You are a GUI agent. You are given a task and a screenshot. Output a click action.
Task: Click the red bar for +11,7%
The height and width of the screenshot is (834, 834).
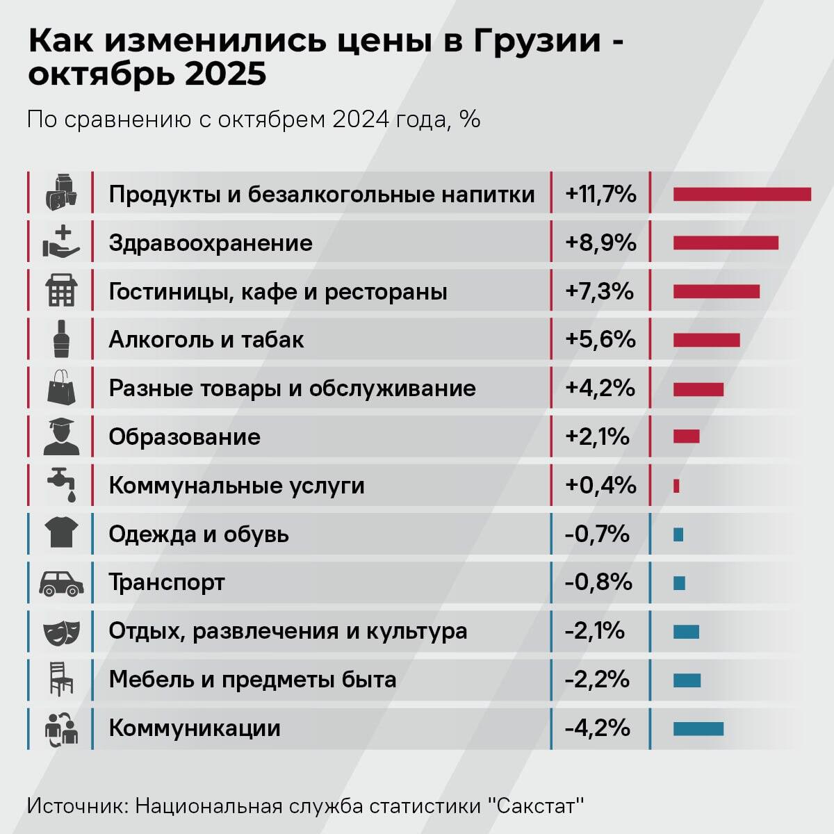click(742, 194)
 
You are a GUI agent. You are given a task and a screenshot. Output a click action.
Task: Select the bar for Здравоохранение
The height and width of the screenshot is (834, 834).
click(725, 243)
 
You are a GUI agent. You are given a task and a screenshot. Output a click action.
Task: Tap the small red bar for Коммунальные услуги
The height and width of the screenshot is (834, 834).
click(676, 486)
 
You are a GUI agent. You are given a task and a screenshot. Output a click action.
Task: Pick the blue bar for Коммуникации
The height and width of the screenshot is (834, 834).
click(698, 728)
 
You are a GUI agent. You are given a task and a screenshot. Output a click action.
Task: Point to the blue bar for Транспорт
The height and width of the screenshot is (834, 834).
click(679, 582)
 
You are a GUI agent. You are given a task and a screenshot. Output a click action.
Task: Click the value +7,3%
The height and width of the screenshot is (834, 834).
click(600, 291)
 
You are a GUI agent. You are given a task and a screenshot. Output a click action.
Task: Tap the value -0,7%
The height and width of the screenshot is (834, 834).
click(597, 534)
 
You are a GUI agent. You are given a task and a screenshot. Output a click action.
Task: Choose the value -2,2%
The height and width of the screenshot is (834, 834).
click(597, 680)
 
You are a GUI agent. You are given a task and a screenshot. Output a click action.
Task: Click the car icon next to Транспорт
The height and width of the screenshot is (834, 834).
click(61, 582)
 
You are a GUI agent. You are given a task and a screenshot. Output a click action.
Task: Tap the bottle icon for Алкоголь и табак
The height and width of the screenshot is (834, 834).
click(61, 340)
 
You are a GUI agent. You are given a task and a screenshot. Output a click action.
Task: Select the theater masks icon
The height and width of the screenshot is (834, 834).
click(61, 632)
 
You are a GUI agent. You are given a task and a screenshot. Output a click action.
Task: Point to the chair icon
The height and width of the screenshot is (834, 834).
click(61, 679)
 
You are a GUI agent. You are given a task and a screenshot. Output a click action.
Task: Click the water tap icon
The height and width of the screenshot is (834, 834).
click(61, 484)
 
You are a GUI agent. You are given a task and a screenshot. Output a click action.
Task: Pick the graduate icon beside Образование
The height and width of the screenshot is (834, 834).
click(61, 436)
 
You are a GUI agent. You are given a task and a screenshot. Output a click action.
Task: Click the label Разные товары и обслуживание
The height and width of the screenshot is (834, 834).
click(292, 389)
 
